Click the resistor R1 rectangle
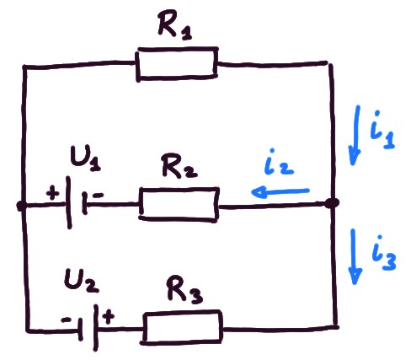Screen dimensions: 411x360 click(x=177, y=49)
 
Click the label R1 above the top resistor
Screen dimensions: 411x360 click(x=175, y=26)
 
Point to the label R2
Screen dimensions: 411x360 click(x=179, y=166)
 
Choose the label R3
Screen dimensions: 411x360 click(x=184, y=290)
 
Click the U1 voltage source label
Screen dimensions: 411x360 click(x=85, y=158)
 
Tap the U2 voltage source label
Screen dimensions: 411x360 click(x=81, y=280)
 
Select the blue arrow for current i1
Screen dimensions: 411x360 click(x=355, y=136)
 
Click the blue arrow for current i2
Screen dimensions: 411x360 click(x=280, y=192)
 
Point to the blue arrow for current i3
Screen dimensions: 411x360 click(x=355, y=256)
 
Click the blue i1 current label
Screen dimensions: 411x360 click(x=382, y=130)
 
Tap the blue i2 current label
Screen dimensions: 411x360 click(x=279, y=162)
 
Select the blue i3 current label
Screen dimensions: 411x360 click(x=384, y=253)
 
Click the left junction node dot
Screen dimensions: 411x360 click(x=21, y=206)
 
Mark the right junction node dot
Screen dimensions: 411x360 click(x=332, y=203)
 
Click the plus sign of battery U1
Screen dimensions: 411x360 click(x=53, y=194)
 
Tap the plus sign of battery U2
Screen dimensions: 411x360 click(x=109, y=316)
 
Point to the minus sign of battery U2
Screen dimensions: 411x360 click(x=67, y=320)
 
